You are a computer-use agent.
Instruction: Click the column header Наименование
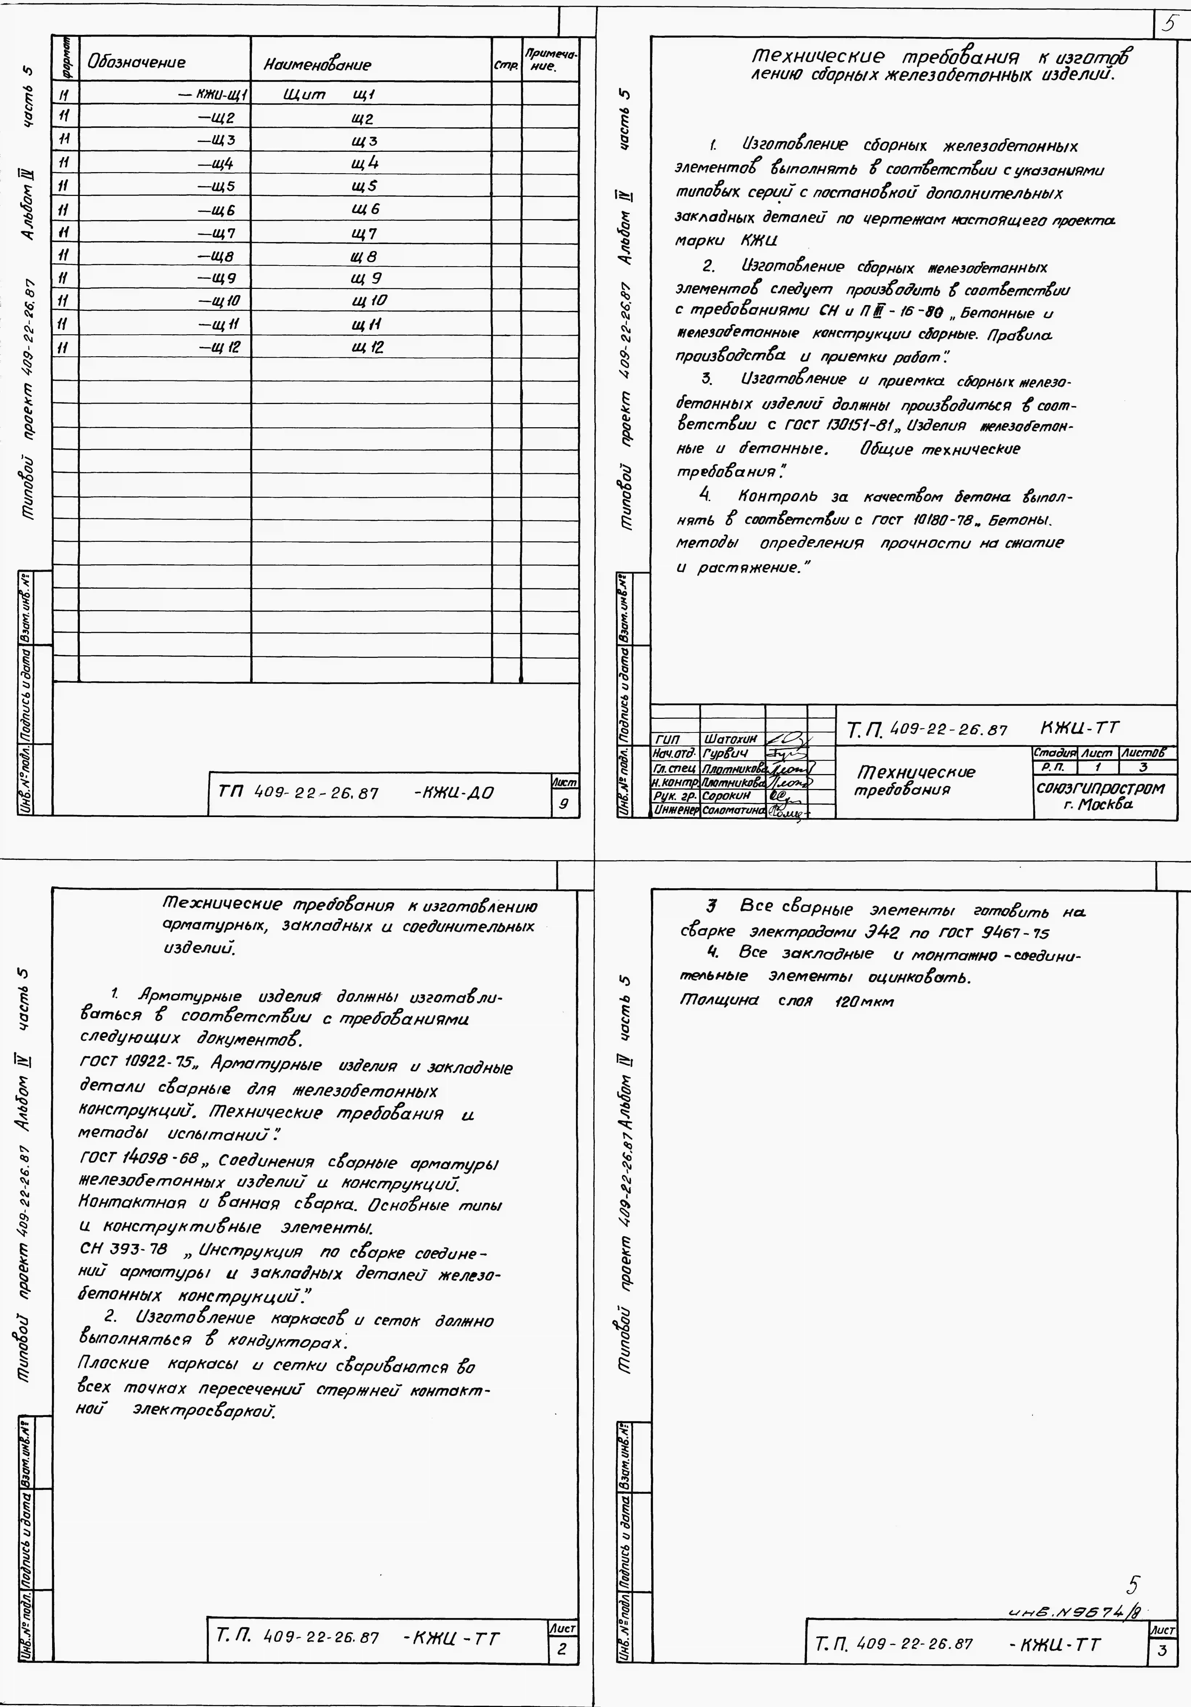pos(317,65)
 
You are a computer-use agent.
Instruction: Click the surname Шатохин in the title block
pos(731,739)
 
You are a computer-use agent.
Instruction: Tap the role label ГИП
pos(668,739)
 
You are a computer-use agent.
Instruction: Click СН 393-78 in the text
pos(123,1248)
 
